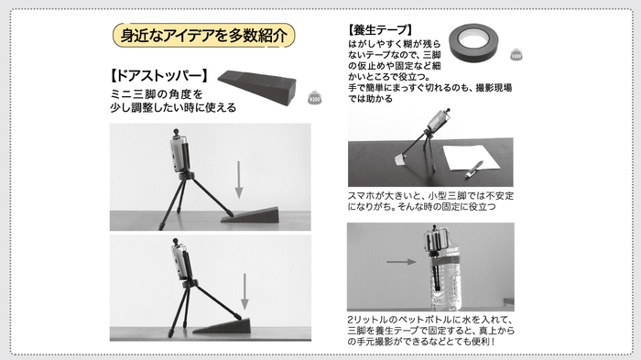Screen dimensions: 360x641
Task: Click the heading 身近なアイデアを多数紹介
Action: (202, 35)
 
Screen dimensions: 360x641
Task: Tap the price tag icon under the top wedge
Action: (315, 94)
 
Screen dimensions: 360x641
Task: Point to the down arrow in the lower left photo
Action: (245, 293)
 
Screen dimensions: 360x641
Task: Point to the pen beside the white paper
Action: (473, 170)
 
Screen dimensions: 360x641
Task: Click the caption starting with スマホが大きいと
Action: (422, 202)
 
